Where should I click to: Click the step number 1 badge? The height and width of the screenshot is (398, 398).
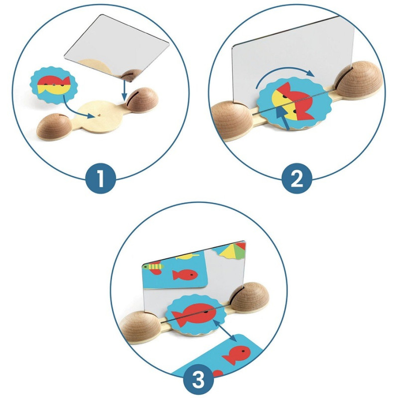click(x=101, y=178)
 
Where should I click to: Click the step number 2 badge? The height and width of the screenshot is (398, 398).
click(x=297, y=178)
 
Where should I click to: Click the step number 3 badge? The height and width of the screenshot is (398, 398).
click(x=199, y=379)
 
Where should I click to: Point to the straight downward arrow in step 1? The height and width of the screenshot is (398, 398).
click(x=124, y=90)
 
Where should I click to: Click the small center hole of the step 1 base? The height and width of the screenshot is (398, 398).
click(x=100, y=115)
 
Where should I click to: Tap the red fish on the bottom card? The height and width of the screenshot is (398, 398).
click(x=237, y=355)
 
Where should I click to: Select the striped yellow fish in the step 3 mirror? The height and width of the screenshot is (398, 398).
click(x=154, y=267)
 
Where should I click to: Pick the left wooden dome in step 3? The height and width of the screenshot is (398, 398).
click(x=140, y=326)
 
